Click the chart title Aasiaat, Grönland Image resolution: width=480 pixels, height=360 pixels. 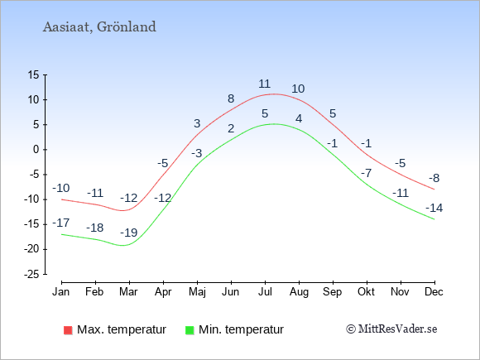[x=99, y=27]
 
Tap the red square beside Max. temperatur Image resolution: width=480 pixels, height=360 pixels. [x=68, y=330]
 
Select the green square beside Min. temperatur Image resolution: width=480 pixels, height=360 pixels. [x=190, y=330]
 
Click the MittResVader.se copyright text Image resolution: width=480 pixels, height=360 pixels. [x=391, y=329]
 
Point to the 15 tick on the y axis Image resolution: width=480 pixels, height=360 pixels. [x=34, y=74]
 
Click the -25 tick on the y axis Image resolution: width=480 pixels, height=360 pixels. [x=31, y=274]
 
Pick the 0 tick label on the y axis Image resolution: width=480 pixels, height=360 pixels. [x=36, y=150]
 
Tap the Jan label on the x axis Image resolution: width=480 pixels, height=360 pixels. [x=61, y=292]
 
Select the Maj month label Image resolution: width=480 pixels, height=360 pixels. [x=198, y=292]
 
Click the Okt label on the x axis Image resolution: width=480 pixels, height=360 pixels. [x=366, y=292]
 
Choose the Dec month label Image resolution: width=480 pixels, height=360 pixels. [x=434, y=292]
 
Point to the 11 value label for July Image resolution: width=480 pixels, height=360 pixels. [x=264, y=84]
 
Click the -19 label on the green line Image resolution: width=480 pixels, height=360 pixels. [x=128, y=233]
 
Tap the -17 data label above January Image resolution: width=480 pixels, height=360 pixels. [x=61, y=223]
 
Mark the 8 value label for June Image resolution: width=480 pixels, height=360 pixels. [x=231, y=98]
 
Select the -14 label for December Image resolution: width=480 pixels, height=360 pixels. [x=434, y=208]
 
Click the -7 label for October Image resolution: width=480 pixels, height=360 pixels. [x=366, y=173]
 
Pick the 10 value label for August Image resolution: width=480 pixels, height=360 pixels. [x=298, y=89]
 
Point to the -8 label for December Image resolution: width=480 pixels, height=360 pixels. [x=434, y=178]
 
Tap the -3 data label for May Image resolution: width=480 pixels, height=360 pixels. [x=197, y=153]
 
